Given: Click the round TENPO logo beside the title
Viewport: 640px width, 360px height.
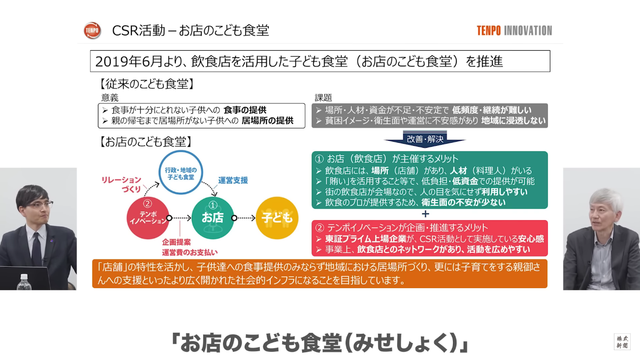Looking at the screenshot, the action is tap(92, 30).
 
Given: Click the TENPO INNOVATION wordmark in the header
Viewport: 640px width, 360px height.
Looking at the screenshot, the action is tap(514, 31).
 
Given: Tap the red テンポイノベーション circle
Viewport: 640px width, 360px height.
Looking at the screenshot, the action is tap(148, 218).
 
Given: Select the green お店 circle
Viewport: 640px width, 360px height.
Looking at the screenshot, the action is tap(213, 218).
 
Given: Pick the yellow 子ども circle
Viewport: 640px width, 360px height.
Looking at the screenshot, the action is tap(277, 218).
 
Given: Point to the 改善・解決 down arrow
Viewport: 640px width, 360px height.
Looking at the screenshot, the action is tap(425, 139).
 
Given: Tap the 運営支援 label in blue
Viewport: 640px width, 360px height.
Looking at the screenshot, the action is tap(233, 180).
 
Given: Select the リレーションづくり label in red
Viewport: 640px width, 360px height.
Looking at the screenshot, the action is tap(122, 184).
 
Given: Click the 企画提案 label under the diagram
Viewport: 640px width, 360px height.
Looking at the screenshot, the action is tap(176, 242).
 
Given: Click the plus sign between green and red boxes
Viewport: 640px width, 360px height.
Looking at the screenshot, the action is tap(425, 214).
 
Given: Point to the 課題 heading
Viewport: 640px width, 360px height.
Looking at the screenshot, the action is tap(323, 98).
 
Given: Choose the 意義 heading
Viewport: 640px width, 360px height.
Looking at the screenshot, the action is tap(110, 98).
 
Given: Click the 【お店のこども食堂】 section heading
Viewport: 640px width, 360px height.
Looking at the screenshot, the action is tap(145, 142).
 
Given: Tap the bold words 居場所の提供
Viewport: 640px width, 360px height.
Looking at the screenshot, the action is tap(267, 121).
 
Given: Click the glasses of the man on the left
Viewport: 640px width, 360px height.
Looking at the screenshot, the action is tap(41, 205).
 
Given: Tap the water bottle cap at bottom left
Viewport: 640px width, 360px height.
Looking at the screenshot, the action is tap(24, 277).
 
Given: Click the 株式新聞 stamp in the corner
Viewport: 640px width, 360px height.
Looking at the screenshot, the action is tap(622, 342).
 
